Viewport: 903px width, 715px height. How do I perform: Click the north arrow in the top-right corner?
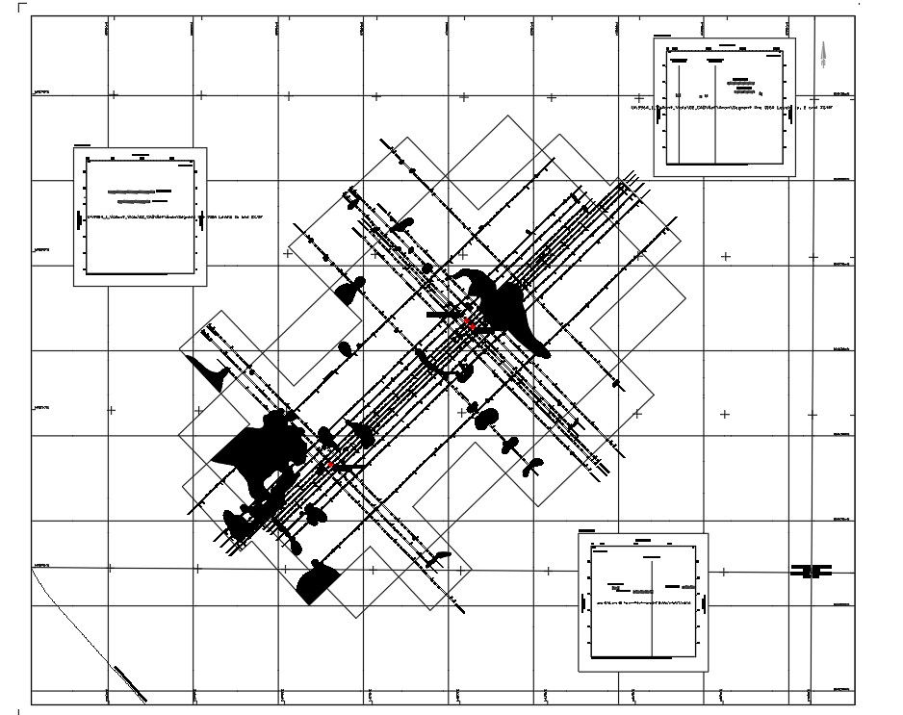(x=823, y=55)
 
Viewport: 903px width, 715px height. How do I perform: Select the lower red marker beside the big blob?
(x=330, y=465)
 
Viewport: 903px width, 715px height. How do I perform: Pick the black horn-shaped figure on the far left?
(x=208, y=370)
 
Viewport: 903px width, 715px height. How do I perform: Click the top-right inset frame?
(x=724, y=107)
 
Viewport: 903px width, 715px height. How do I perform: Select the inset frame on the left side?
(x=140, y=217)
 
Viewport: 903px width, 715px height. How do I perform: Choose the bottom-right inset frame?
(x=642, y=602)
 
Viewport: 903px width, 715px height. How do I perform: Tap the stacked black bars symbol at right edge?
(x=811, y=571)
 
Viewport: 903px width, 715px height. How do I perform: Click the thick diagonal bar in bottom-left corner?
(x=129, y=683)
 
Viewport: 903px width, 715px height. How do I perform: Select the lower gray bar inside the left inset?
(x=135, y=202)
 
